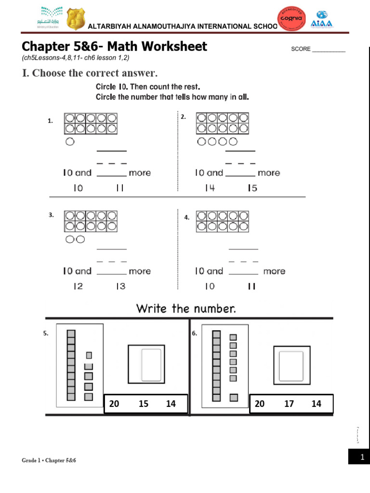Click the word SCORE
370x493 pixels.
pos(301,49)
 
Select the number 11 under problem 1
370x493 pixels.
pos(120,189)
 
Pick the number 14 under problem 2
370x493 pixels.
pos(210,188)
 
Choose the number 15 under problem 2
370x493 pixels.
pos(252,188)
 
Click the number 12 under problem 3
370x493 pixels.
pos(78,286)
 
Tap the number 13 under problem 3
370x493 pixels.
pos(120,286)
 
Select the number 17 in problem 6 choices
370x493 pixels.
pos(289,404)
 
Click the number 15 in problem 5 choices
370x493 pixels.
pos(144,404)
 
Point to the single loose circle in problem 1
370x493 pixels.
pos(70,142)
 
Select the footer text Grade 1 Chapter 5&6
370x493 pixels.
pos(49,461)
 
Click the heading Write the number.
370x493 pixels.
pos(186,309)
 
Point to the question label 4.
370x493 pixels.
pos(186,218)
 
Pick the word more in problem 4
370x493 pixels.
pos(274,272)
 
